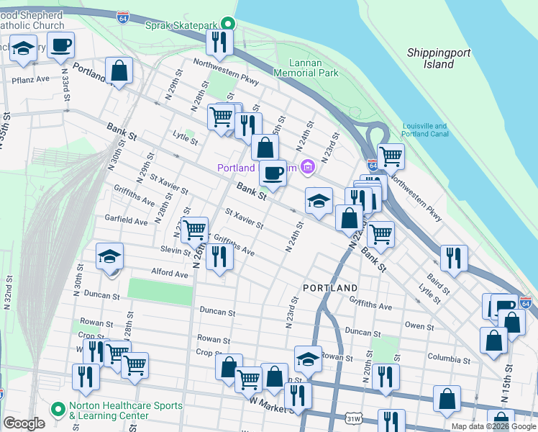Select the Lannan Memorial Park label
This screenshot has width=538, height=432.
point(306,68)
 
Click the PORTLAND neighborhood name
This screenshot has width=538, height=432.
point(330,287)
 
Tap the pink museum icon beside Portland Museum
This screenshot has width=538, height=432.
point(308,168)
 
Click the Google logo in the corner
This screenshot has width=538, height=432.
point(24,423)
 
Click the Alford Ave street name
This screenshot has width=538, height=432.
point(170,272)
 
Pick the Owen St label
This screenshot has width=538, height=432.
point(415,325)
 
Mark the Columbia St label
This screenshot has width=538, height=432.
point(448,358)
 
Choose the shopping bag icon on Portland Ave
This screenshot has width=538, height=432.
point(119,71)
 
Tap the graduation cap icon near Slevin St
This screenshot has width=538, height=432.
point(110,256)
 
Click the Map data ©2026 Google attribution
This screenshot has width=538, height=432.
point(493,426)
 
